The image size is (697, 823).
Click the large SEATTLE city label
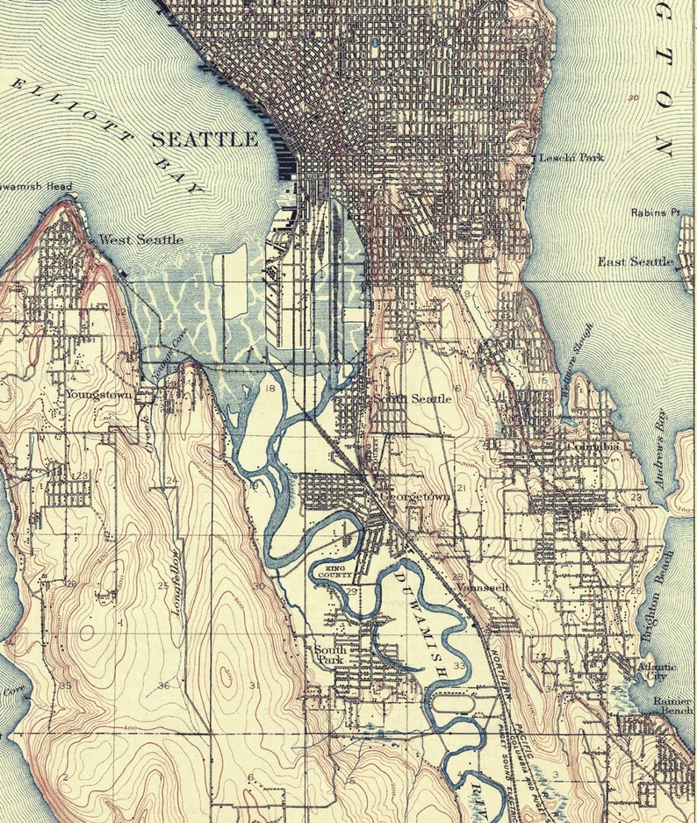coord(205,140)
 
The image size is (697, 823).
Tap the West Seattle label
coord(141,240)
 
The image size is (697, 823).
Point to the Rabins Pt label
coord(656,212)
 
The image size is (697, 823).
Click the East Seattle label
coord(636,261)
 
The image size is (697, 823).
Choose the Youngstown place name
coord(98,395)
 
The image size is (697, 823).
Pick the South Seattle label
coord(413,398)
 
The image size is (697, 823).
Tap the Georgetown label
coord(415,497)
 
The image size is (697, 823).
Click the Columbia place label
coord(593,447)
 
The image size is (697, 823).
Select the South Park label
coord(331,655)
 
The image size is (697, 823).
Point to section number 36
coord(163,685)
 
